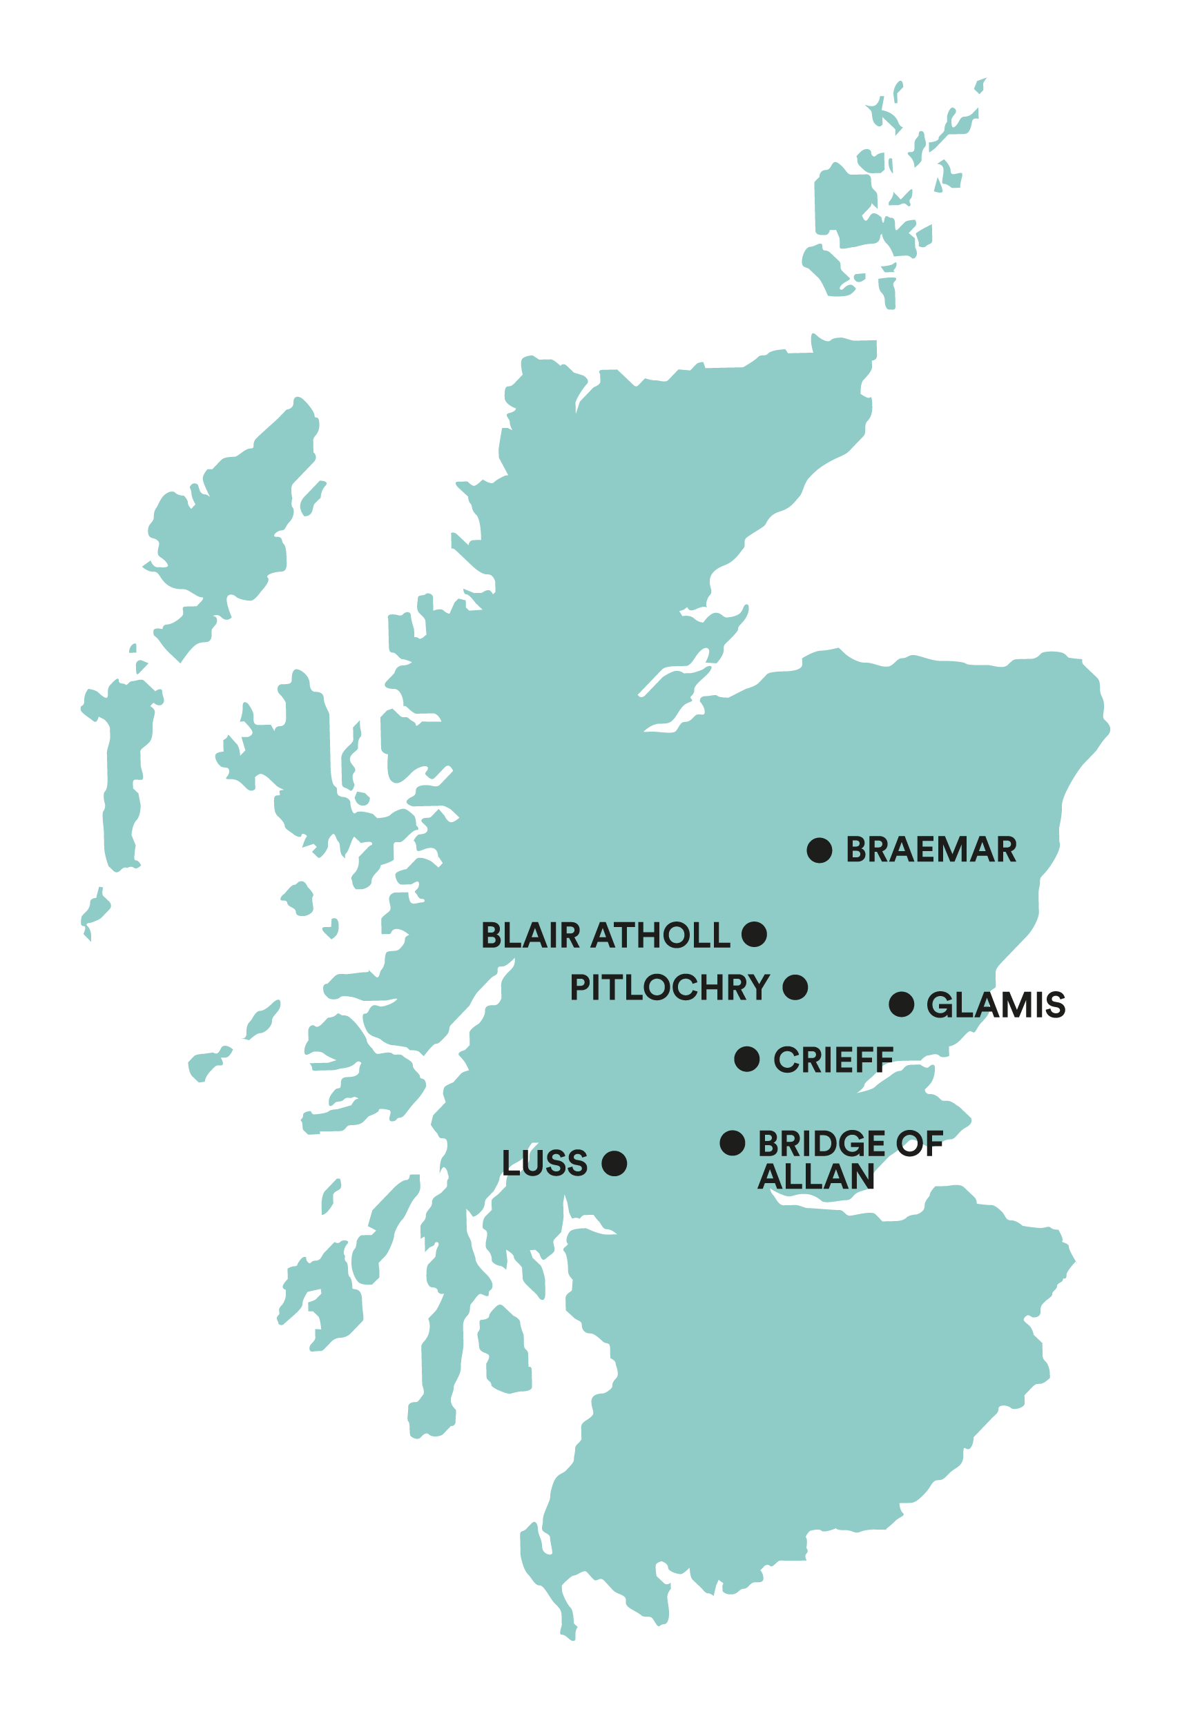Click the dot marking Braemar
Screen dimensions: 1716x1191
tap(820, 850)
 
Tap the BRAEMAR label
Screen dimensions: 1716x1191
tap(931, 850)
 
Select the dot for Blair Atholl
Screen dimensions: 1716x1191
tap(755, 934)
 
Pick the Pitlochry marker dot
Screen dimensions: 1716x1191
tap(795, 987)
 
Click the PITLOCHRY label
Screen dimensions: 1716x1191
tap(670, 988)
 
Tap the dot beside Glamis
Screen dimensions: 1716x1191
tap(902, 1004)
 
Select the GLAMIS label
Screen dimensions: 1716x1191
tap(996, 1005)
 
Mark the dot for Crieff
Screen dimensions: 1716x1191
tap(747, 1059)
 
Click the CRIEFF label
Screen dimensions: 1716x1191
tap(833, 1060)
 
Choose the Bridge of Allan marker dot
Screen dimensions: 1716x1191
tap(733, 1143)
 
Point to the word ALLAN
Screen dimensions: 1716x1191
tap(815, 1178)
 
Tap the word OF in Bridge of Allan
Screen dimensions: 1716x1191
tap(920, 1144)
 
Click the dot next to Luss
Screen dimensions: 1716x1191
tap(614, 1163)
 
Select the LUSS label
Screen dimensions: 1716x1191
tap(545, 1164)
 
